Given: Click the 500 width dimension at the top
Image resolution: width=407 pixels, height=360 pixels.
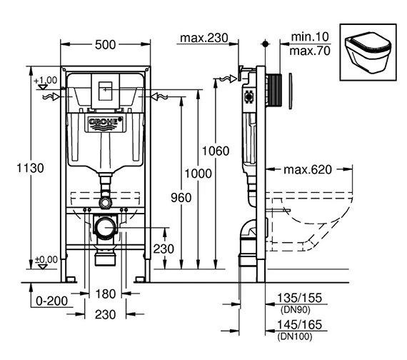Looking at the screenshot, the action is tap(105, 45).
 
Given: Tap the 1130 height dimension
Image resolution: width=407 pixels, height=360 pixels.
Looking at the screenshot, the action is tap(31, 168).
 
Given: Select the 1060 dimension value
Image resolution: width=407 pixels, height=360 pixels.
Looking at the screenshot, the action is tap(216, 151).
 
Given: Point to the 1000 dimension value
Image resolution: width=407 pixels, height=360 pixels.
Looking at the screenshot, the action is tap(198, 174).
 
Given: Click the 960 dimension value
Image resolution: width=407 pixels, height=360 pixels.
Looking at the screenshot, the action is tap(181, 198).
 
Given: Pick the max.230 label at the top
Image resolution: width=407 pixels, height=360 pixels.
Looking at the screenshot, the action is tap(204, 38).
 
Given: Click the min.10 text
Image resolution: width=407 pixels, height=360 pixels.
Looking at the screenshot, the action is tap(310, 36).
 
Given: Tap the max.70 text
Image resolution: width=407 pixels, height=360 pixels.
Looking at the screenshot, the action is tap(310, 51).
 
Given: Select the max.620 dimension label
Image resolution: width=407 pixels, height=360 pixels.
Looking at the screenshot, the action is tap(308, 169).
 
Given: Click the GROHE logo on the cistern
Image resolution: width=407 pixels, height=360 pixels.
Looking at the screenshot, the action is tap(106, 124).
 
